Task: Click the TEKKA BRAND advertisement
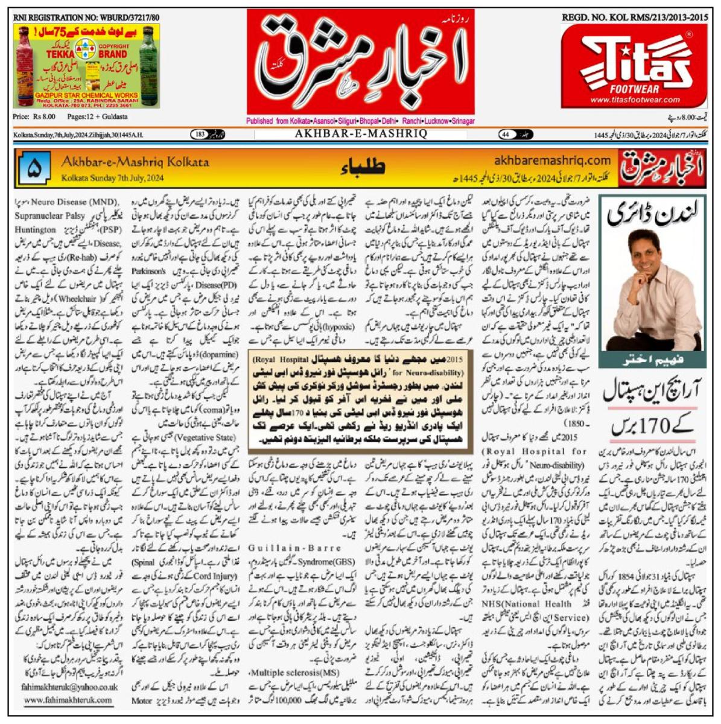pyautogui.click(x=86, y=66)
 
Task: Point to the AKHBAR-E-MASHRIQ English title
pyautogui.click(x=360, y=134)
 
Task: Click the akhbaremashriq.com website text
pyautogui.click(x=552, y=160)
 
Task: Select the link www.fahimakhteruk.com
pyautogui.click(x=68, y=700)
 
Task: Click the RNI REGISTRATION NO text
pyautogui.click(x=86, y=18)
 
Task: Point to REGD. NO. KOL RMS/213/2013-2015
pyautogui.click(x=635, y=18)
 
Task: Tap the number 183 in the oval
pyautogui.click(x=200, y=135)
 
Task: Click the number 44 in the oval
pyautogui.click(x=507, y=135)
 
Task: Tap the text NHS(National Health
pyautogui.click(x=526, y=603)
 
